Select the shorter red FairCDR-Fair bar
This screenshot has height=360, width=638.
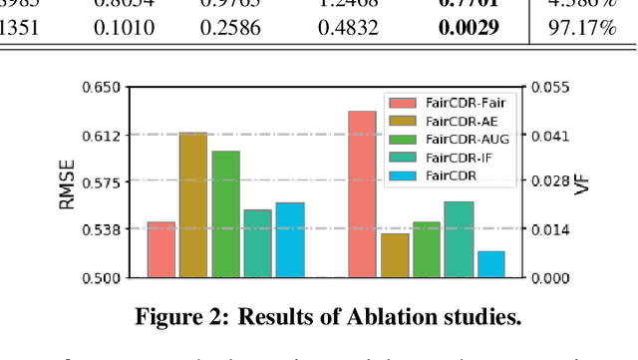(x=161, y=249)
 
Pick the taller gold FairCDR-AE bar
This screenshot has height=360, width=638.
(x=193, y=204)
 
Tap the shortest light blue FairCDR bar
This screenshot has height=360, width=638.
(x=490, y=264)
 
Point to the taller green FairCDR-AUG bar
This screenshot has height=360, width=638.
(x=226, y=213)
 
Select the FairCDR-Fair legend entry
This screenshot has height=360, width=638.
(x=459, y=102)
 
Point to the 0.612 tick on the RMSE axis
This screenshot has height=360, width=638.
(x=101, y=135)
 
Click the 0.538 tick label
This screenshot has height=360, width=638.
(x=101, y=230)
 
